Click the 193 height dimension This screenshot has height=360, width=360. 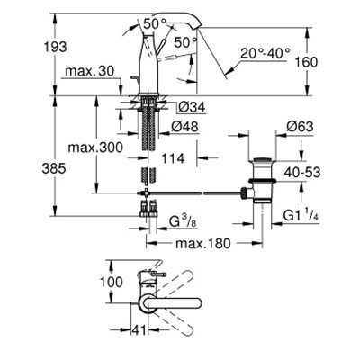(56, 47)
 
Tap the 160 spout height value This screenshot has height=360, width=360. (306, 62)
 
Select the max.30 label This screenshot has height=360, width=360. (90, 71)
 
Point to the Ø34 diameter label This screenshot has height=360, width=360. (192, 107)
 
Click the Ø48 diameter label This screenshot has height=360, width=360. (185, 127)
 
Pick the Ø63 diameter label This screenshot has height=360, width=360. (300, 126)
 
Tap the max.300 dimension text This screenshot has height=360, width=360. (95, 148)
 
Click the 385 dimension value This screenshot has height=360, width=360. (54, 168)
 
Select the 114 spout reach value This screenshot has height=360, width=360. (173, 158)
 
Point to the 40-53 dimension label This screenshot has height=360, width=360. (302, 173)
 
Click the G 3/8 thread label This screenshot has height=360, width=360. (184, 222)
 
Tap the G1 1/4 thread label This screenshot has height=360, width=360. (301, 215)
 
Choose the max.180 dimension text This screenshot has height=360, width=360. (203, 243)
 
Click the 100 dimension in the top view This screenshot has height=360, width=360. (112, 282)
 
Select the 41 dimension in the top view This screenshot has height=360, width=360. (139, 330)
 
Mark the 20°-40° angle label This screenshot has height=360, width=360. (265, 53)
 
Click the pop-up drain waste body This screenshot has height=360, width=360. (262, 182)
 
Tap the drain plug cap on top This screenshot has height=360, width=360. (263, 159)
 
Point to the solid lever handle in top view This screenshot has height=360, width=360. (170, 303)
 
